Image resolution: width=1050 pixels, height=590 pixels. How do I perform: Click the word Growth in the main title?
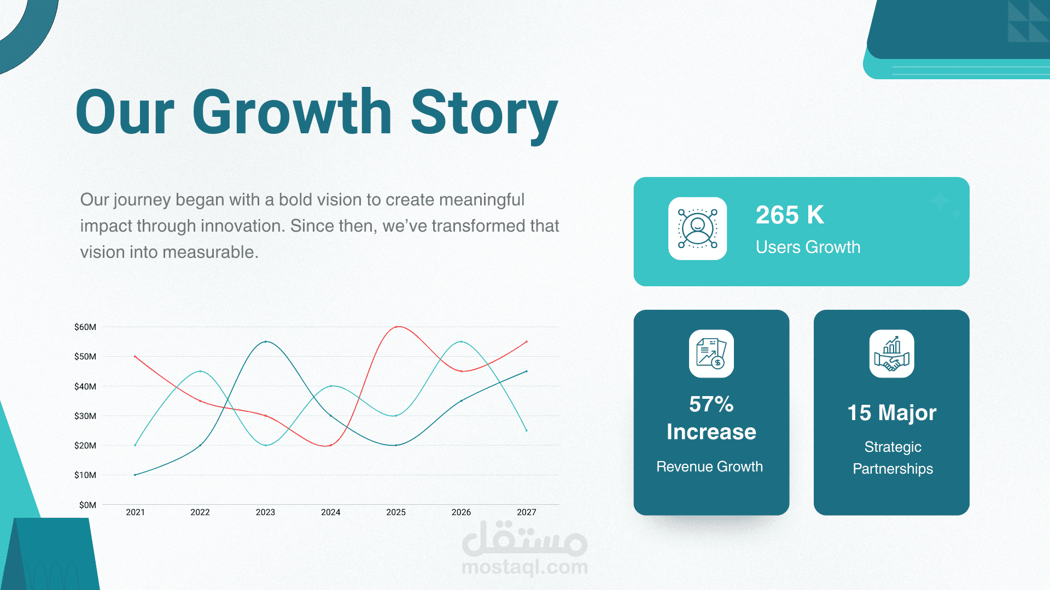pyautogui.click(x=292, y=113)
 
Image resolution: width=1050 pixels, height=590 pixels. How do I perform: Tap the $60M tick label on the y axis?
pyautogui.click(x=85, y=327)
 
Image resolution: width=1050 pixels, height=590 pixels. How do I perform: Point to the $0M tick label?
pyautogui.click(x=87, y=505)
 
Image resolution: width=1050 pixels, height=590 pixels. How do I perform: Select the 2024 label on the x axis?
pyautogui.click(x=330, y=512)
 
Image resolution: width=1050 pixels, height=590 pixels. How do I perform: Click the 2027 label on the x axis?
pyautogui.click(x=527, y=512)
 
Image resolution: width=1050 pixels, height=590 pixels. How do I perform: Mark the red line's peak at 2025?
pyautogui.click(x=396, y=327)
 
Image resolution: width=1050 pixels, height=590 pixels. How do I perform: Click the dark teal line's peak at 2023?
pyautogui.click(x=266, y=342)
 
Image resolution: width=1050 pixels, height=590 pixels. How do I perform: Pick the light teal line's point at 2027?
pyautogui.click(x=527, y=430)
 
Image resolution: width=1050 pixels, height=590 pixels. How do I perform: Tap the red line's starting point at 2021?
pyautogui.click(x=135, y=357)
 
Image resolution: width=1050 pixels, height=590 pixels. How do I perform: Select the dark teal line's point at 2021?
pyautogui.click(x=135, y=475)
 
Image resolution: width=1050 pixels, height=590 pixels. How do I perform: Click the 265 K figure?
pyautogui.click(x=790, y=215)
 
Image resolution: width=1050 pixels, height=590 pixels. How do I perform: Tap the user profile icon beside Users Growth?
pyautogui.click(x=698, y=228)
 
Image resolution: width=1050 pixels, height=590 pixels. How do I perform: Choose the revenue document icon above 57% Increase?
pyautogui.click(x=711, y=353)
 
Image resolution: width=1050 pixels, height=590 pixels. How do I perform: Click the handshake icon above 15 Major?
pyautogui.click(x=892, y=353)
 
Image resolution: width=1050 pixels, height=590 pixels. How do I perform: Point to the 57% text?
pyautogui.click(x=711, y=404)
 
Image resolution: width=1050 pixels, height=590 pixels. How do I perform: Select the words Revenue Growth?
pyautogui.click(x=710, y=467)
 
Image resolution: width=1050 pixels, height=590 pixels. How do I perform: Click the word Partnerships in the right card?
pyautogui.click(x=893, y=469)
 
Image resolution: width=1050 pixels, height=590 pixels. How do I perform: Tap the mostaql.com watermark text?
pyautogui.click(x=525, y=567)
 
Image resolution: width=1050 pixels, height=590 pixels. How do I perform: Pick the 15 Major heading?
pyautogui.click(x=892, y=413)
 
